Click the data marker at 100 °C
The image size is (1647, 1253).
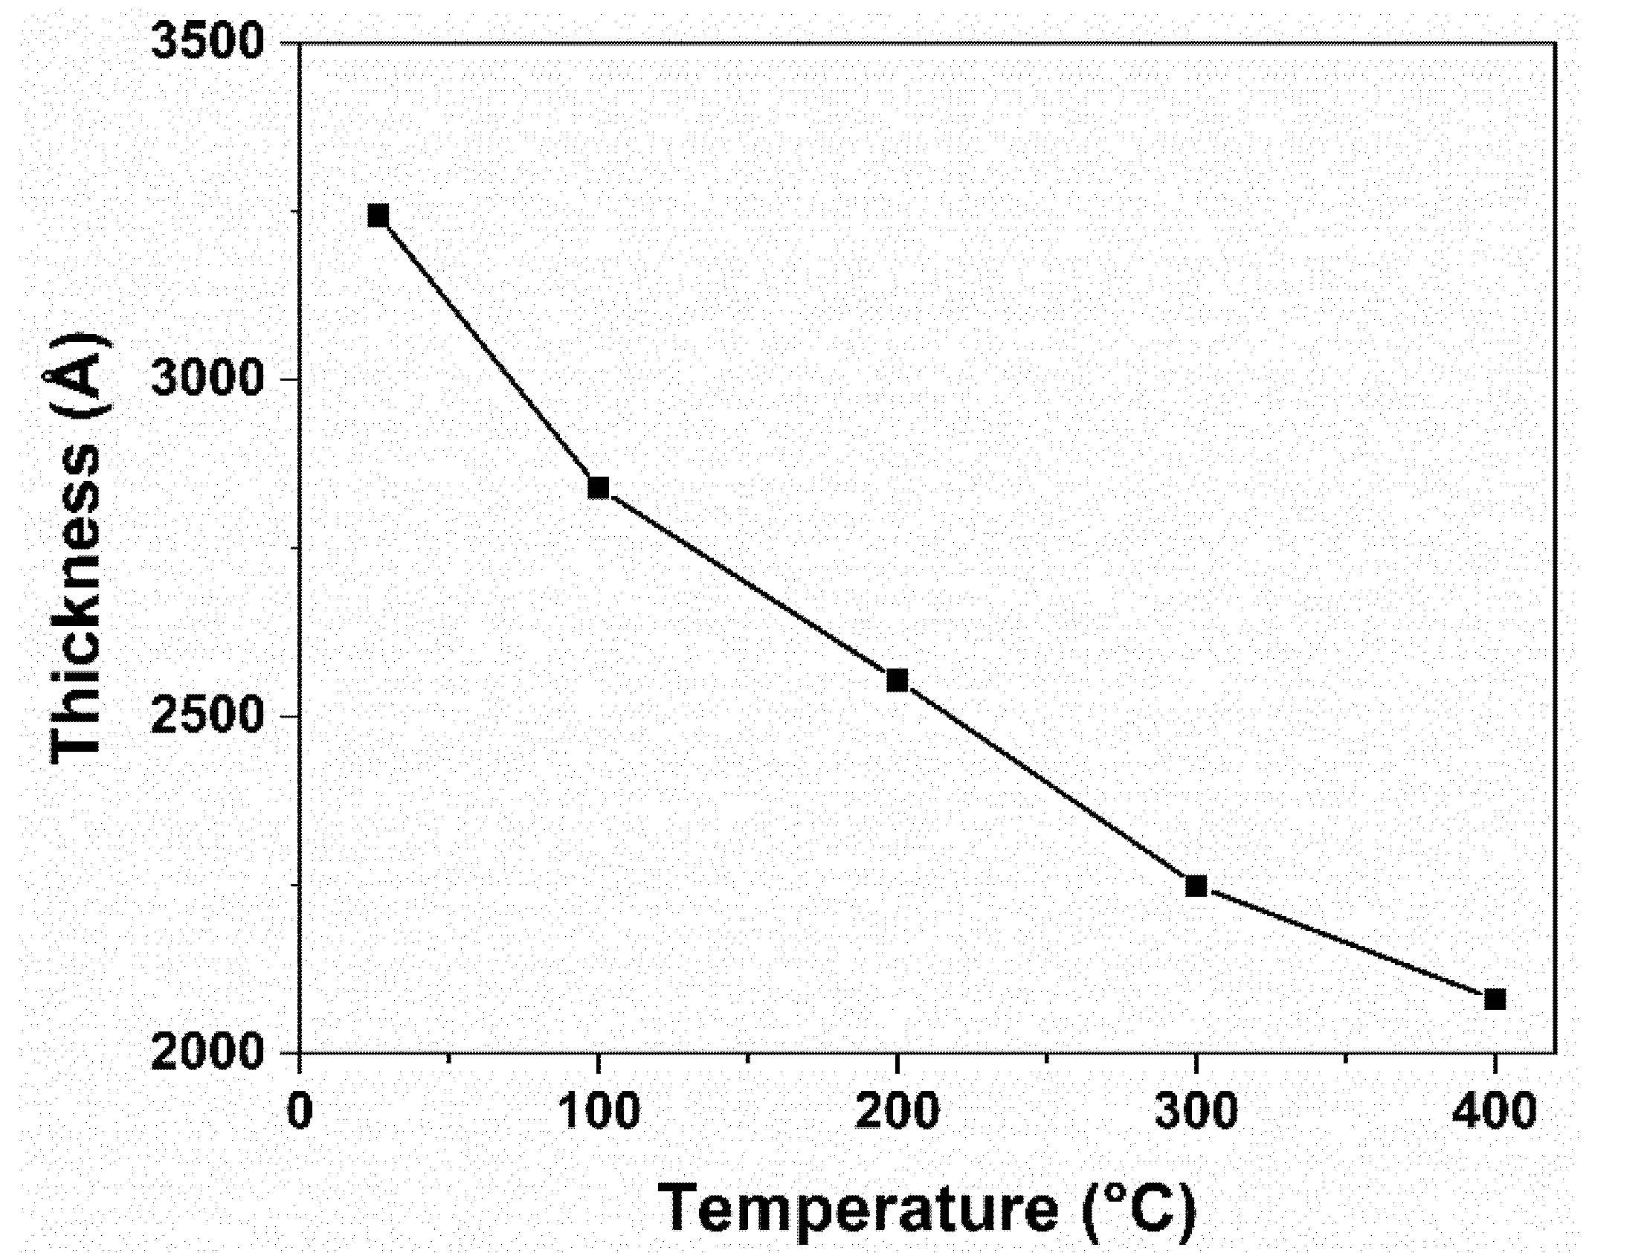(x=598, y=488)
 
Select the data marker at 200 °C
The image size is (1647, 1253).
(x=897, y=680)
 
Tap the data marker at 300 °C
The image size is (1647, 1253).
(x=1196, y=886)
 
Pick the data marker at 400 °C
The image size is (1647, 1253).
(x=1495, y=999)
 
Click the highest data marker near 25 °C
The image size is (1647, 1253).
(x=378, y=216)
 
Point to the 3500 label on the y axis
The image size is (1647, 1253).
(x=208, y=42)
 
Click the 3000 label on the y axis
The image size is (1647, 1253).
(x=208, y=379)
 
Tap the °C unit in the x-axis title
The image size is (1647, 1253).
(x=1141, y=1208)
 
